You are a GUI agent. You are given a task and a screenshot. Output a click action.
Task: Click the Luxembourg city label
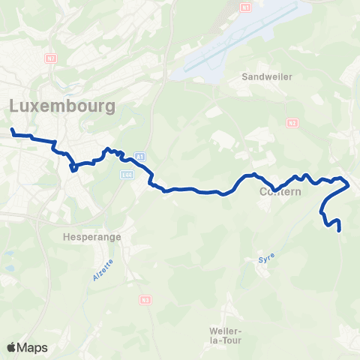coord(63,106)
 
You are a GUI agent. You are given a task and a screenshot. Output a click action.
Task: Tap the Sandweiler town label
coord(267,76)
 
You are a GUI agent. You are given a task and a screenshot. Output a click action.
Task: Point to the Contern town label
coord(280,193)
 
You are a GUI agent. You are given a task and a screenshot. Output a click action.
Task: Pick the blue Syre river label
coord(267,259)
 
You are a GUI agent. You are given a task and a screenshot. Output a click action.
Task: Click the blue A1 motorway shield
coord(139,156)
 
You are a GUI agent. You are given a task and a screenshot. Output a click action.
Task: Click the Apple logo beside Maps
coord(12,347)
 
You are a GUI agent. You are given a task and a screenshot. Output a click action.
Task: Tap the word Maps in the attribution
coord(33,347)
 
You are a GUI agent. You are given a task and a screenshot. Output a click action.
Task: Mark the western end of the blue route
coord(13,130)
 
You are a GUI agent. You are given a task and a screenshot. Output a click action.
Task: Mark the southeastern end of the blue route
coord(340,230)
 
